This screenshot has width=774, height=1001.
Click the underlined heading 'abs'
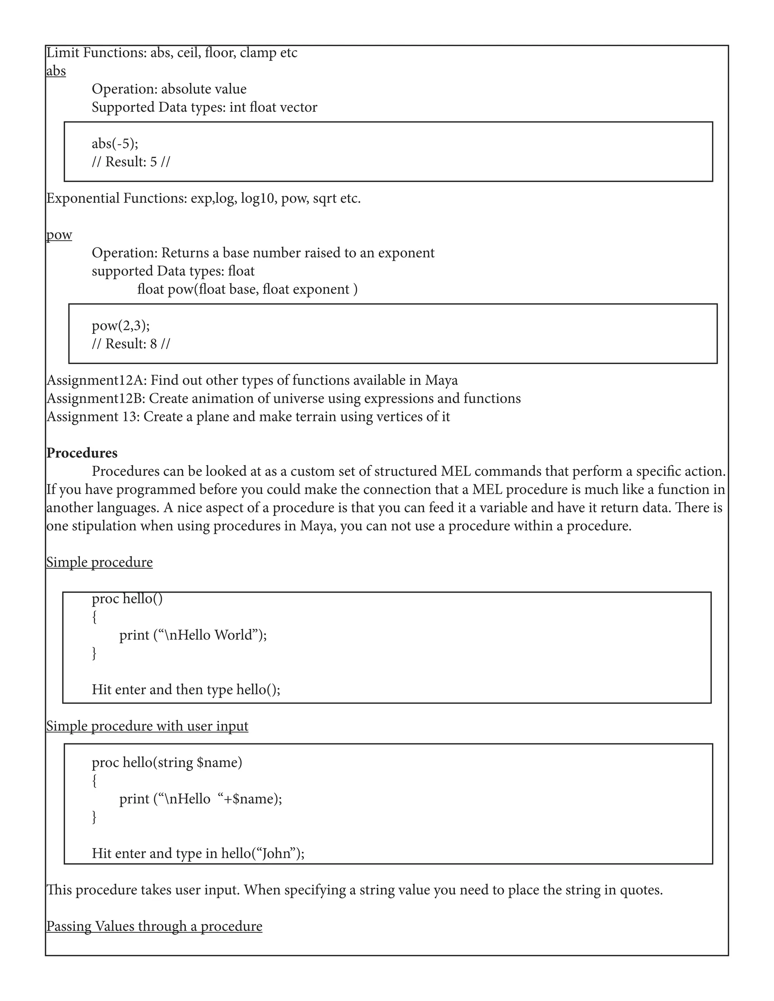(56, 71)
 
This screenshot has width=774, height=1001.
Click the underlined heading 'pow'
(59, 235)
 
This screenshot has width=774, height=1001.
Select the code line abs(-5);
(115, 144)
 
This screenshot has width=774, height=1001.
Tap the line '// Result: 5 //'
(131, 162)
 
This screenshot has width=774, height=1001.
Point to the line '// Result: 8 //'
(131, 344)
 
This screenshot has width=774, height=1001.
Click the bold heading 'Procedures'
(82, 453)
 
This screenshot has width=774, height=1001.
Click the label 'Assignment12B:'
(96, 399)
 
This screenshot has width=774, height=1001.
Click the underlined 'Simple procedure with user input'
(147, 726)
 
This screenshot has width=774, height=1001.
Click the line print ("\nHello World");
(193, 635)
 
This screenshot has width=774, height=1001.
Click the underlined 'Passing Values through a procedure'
(154, 926)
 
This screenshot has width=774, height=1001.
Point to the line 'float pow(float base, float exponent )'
(247, 289)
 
